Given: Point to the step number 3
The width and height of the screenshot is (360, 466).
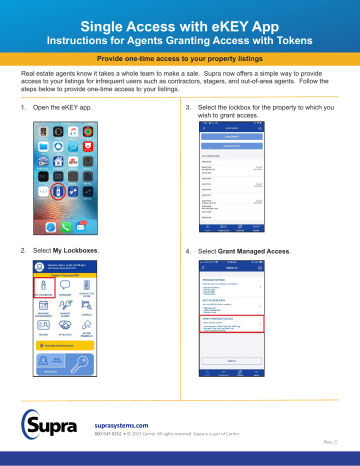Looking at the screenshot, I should tap(190, 104).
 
